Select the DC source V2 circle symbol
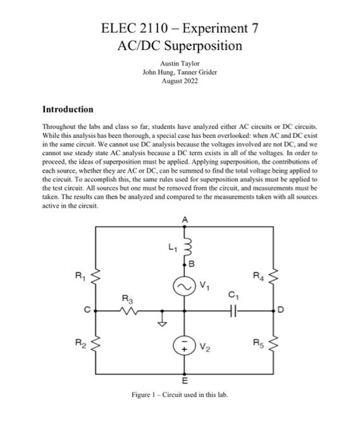pyautogui.click(x=185, y=346)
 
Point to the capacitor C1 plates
pyautogui.click(x=235, y=311)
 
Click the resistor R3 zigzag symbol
pyautogui.click(x=131, y=311)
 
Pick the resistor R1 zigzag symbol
pyautogui.click(x=96, y=277)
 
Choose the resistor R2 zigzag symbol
pyautogui.click(x=96, y=346)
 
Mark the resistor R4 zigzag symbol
pyautogui.click(x=274, y=277)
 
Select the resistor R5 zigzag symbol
pyautogui.click(x=274, y=346)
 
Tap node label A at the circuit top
pyautogui.click(x=185, y=219)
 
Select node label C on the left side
pyautogui.click(x=89, y=311)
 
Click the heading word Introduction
pyautogui.click(x=67, y=109)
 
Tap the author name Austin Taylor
pyautogui.click(x=180, y=64)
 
